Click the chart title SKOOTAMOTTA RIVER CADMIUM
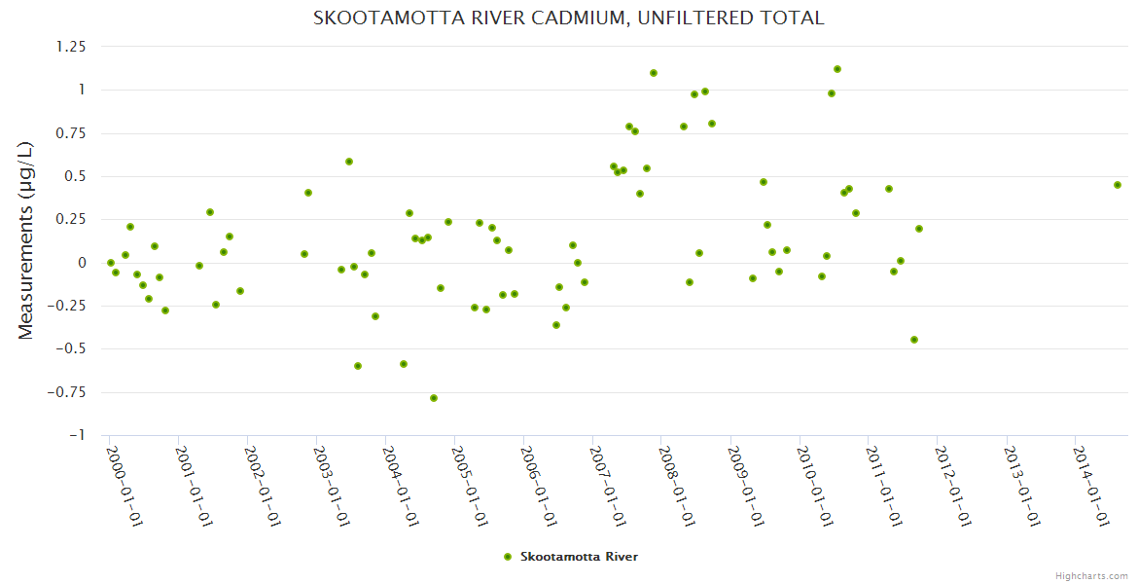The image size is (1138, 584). [569, 18]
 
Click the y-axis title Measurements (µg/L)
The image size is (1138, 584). [26, 239]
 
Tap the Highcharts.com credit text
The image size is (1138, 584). [1091, 575]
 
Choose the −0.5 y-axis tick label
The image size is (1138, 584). [72, 349]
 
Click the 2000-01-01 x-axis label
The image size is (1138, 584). [124, 486]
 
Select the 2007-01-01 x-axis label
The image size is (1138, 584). [607, 486]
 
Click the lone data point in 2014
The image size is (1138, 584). [1118, 185]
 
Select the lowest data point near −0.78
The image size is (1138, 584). [434, 398]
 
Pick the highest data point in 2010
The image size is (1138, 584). [837, 69]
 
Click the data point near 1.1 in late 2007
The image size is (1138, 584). [654, 73]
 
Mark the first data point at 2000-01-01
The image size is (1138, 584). [111, 263]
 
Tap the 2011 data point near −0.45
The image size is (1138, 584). [914, 340]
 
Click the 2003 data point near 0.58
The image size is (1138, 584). [349, 162]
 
